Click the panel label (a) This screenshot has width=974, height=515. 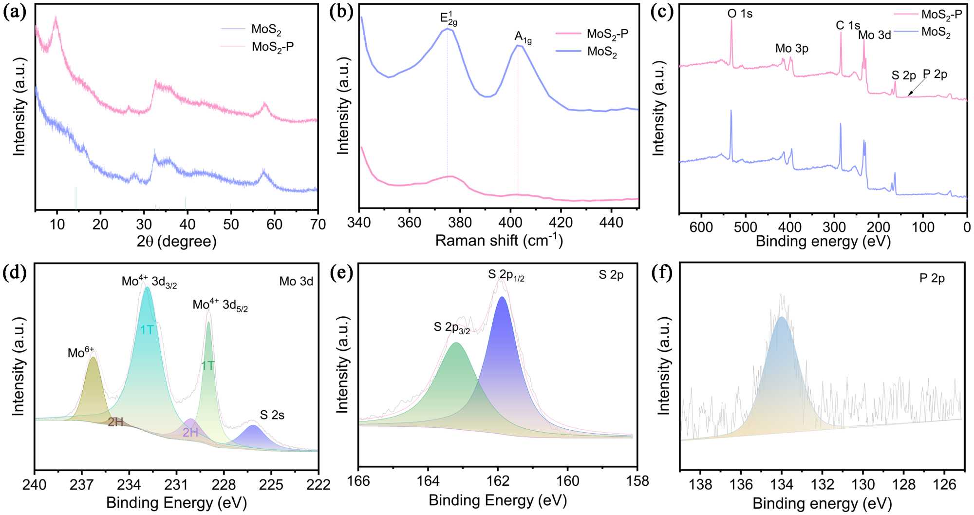click(x=15, y=12)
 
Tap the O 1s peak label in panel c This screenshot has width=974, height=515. click(x=740, y=14)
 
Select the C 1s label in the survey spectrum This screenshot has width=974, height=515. click(x=848, y=25)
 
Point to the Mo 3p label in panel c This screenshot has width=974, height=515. click(x=791, y=48)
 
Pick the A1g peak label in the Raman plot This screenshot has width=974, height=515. click(x=523, y=37)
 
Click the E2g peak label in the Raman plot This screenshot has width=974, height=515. click(x=449, y=19)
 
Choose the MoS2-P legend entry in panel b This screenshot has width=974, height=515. click(x=607, y=34)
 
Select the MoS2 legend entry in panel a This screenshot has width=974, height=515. click(x=266, y=29)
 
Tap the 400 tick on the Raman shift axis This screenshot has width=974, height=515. click(x=510, y=223)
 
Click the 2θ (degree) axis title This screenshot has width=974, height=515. click(x=176, y=241)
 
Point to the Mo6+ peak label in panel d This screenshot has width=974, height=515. click(x=80, y=352)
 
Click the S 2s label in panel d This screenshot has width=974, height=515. click(x=272, y=415)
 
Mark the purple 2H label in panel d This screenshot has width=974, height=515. click(x=190, y=432)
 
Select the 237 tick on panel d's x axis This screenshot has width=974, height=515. click(x=81, y=485)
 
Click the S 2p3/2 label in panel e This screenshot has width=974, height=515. click(x=451, y=327)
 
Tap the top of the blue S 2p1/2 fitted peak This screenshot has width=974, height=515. click(x=502, y=297)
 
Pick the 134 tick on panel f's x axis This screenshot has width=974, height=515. click(x=782, y=485)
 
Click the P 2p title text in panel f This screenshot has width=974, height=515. click(x=932, y=278)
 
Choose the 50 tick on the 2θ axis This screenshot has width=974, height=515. click(x=231, y=224)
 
